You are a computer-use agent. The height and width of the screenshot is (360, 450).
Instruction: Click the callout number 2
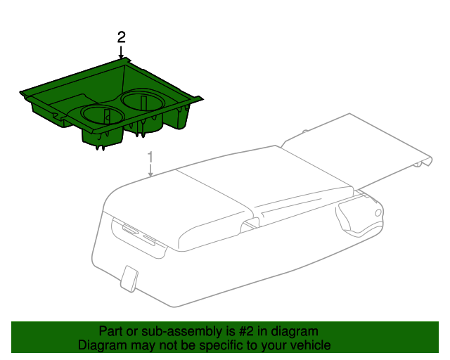(x=122, y=38)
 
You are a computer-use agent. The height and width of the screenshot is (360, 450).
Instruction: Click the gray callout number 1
(x=150, y=159)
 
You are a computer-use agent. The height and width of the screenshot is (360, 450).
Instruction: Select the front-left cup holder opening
(x=103, y=115)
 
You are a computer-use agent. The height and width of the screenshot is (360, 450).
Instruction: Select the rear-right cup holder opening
(x=143, y=101)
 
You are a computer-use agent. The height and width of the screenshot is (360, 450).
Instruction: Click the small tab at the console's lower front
(x=129, y=278)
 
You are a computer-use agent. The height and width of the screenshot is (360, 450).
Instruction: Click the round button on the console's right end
(x=378, y=213)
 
